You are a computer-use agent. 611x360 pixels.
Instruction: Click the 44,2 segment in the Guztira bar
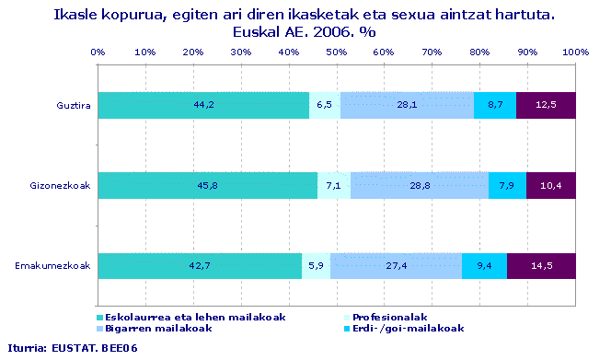pos(203,106)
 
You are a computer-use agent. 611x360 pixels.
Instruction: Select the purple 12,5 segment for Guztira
pos(546,106)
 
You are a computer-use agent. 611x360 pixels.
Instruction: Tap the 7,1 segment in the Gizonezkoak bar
pos(333,186)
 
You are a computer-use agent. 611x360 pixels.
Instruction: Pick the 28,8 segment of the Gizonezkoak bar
pos(419,186)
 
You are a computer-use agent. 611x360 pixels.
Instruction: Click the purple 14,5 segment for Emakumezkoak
pos(541,266)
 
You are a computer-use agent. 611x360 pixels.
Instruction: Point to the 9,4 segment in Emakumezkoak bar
pos(484,266)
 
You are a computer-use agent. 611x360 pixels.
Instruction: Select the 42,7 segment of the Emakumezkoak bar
pos(200,266)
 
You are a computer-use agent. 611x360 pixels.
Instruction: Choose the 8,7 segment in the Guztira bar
pos(495,106)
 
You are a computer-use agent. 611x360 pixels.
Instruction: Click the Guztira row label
pos(72,106)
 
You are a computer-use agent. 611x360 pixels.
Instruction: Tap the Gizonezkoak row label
pos(62,186)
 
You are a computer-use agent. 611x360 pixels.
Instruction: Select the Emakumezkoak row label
pos(52,266)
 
